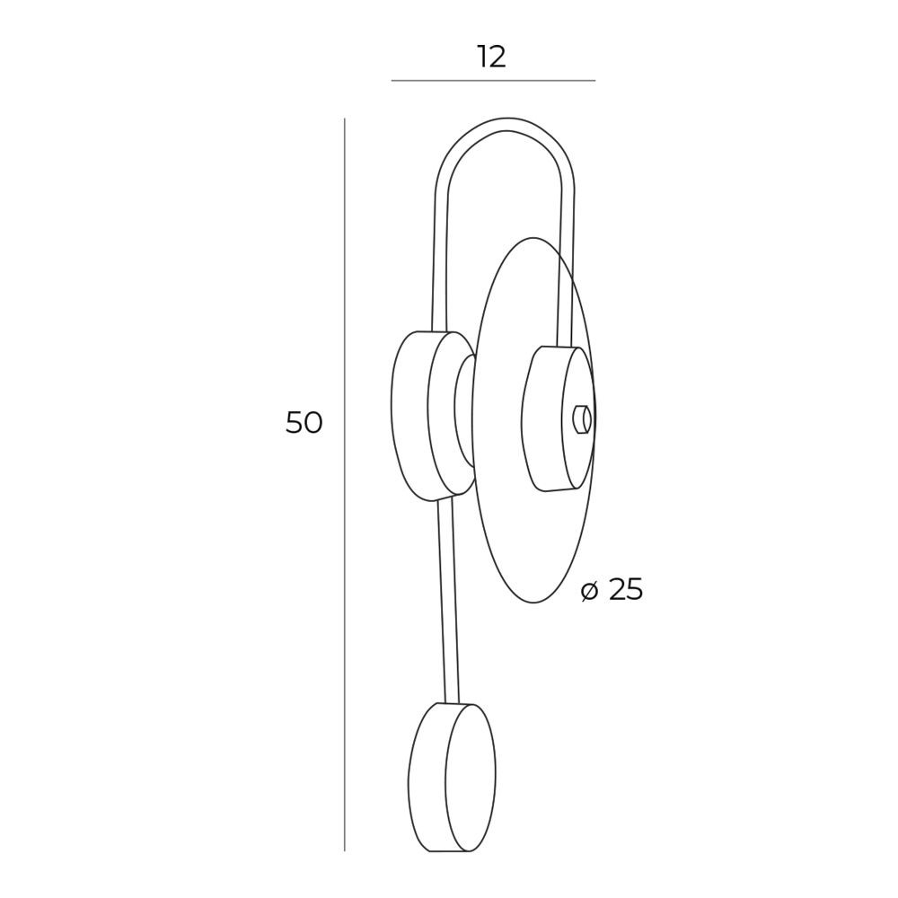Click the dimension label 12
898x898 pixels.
[x=492, y=57]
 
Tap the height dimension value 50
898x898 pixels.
[x=304, y=423]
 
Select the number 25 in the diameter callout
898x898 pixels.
[x=626, y=589]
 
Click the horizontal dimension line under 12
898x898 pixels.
[x=493, y=81]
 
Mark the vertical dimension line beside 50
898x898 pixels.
[x=344, y=485]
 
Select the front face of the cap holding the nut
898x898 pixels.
[x=577, y=418]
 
